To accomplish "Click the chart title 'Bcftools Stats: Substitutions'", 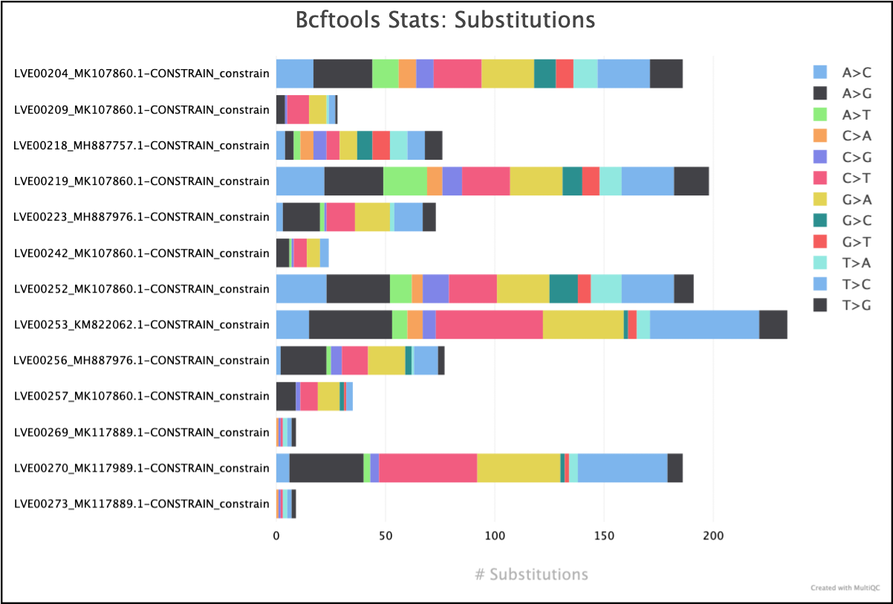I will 446,20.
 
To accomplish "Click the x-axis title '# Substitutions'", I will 531,574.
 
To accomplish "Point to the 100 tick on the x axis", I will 495,535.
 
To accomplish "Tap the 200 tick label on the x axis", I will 713,535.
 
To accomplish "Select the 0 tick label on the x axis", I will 276,535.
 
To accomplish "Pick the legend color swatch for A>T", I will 820,114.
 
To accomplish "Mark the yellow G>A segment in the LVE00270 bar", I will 518,468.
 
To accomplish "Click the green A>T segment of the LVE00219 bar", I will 405,181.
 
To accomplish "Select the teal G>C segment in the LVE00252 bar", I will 563,289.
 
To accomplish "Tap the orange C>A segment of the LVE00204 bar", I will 407,74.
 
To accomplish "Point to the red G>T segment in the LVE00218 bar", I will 381,145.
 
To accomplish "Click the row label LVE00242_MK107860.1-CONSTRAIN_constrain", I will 141,253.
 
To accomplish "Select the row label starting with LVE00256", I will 141,360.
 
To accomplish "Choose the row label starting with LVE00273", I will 141,504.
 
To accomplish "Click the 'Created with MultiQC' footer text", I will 845,588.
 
